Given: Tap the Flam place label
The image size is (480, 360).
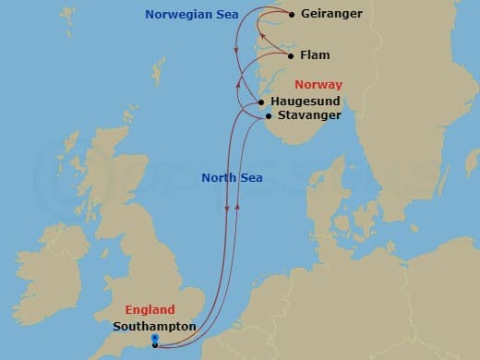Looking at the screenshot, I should [316, 55].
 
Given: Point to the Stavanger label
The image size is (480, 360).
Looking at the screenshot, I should [309, 115].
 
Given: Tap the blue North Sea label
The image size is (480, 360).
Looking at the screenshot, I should [231, 178].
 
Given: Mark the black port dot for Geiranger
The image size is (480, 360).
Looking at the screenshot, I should [292, 15].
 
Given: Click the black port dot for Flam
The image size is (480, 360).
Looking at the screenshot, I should [292, 55].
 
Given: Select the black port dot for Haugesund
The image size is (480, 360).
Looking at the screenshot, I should [262, 102].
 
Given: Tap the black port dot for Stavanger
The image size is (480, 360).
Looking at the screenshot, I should [268, 116].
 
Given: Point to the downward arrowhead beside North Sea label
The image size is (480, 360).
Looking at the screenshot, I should [227, 211].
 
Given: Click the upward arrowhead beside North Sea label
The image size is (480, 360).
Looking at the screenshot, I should [238, 205].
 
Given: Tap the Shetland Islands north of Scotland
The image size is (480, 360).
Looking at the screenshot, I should [159, 69].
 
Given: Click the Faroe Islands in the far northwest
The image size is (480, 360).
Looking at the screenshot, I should [67, 17].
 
